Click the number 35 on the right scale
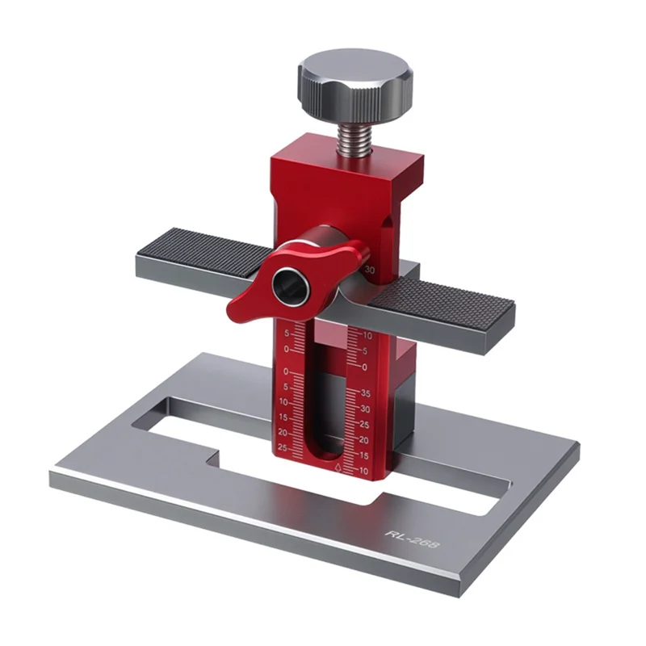click(364, 394)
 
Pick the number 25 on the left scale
click(283, 447)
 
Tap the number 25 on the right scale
click(363, 425)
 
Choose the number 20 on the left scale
click(283, 432)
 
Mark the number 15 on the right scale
click(363, 455)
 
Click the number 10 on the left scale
click(283, 401)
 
